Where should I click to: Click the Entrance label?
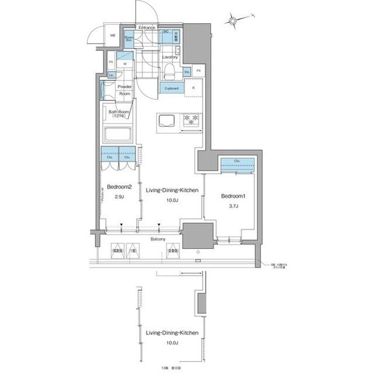coord(147,27)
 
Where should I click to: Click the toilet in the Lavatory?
coord(169,71)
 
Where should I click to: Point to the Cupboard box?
coord(171,88)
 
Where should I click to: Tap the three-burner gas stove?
coord(192,120)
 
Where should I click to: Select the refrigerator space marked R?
coord(193,88)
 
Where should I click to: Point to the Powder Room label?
coord(125,90)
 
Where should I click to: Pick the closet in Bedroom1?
coord(237,161)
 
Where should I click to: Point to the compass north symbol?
coord(233,20)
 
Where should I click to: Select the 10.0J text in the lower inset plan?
coord(172,343)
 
